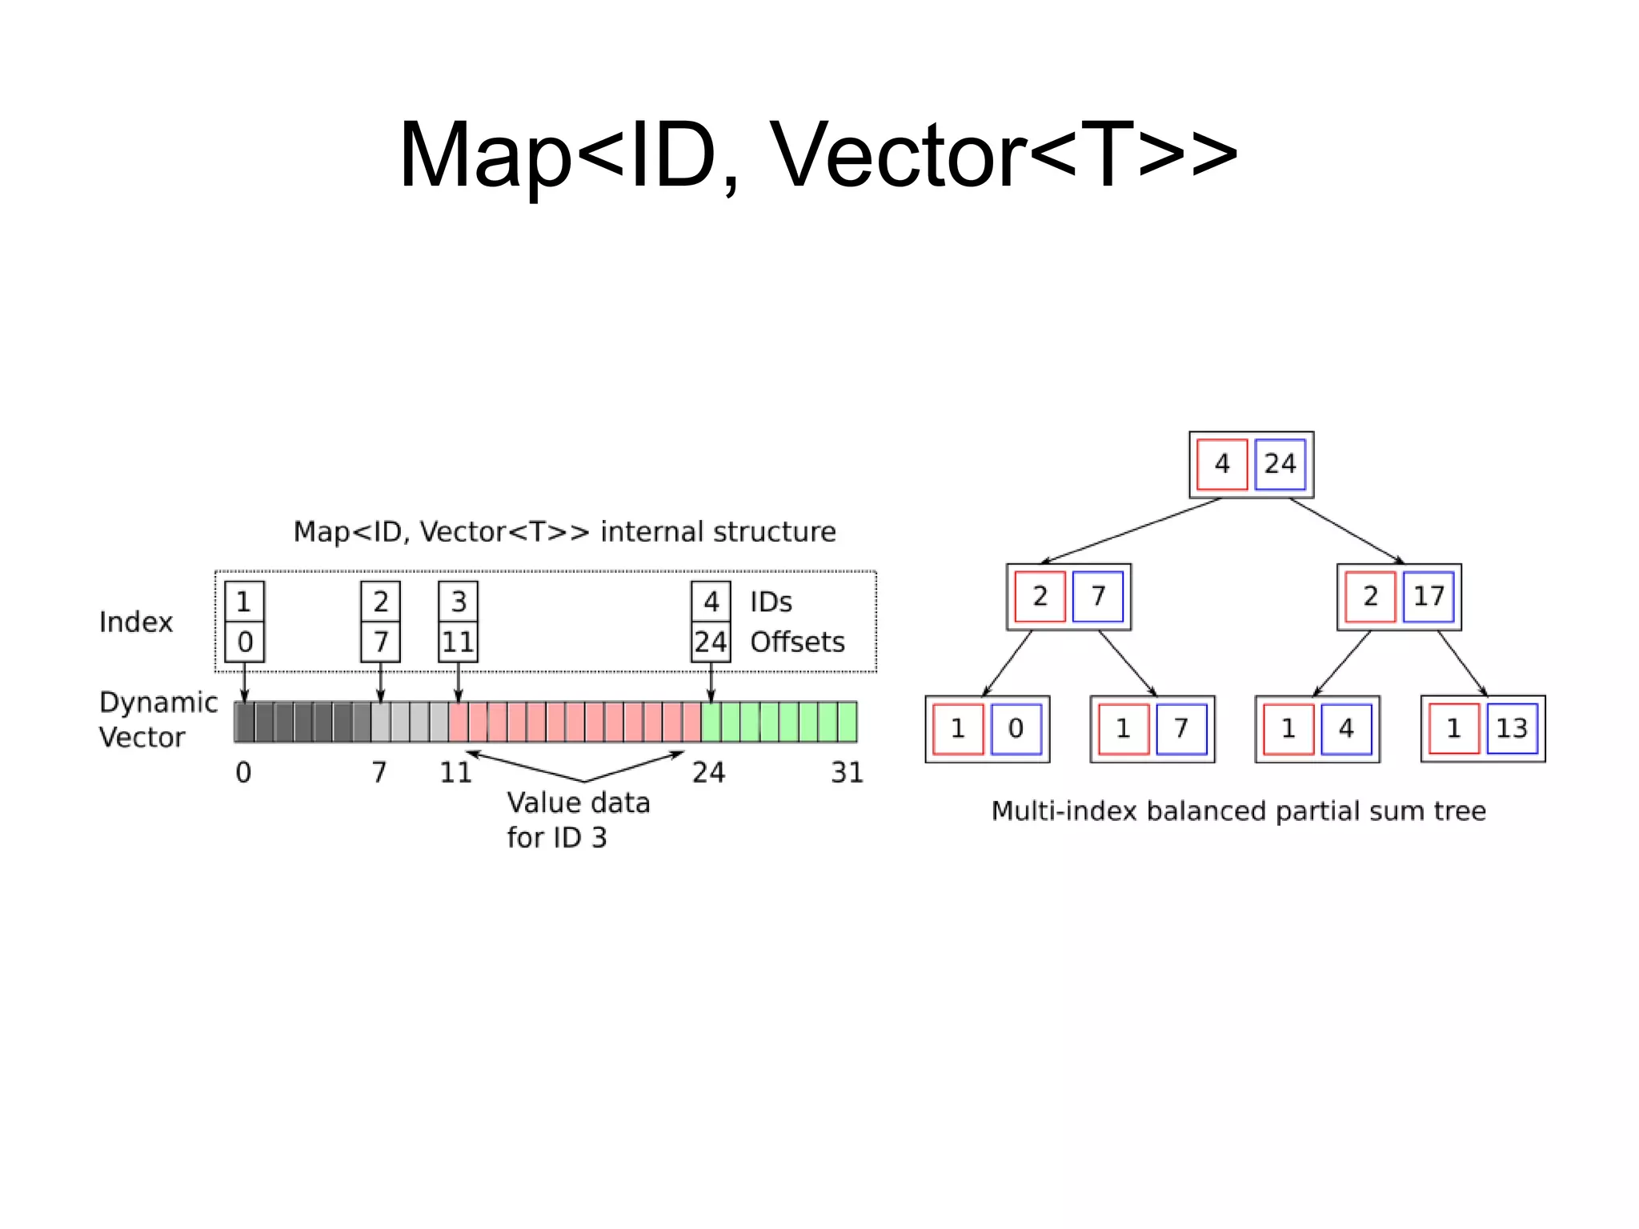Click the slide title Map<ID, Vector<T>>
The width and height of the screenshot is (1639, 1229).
(x=818, y=154)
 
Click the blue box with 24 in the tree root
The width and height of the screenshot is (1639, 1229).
(x=1280, y=464)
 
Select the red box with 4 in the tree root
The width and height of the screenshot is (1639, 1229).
(x=1222, y=464)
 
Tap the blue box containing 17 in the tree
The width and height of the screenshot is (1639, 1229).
(x=1429, y=596)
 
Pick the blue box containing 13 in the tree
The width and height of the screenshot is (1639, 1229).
(x=1512, y=728)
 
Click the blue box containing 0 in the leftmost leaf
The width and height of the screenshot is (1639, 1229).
(x=1016, y=728)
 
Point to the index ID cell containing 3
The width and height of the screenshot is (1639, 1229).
(x=459, y=602)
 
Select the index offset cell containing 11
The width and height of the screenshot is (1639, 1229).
(x=459, y=642)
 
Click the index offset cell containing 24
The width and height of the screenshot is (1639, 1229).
(x=711, y=642)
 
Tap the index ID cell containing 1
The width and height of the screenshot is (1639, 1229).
(x=244, y=602)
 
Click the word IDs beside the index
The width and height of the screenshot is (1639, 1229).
(x=771, y=602)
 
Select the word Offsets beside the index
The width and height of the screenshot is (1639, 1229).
(x=797, y=642)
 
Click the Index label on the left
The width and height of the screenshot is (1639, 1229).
(x=135, y=622)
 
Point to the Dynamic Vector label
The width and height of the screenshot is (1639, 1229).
(x=157, y=719)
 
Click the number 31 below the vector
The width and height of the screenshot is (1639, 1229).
(x=847, y=772)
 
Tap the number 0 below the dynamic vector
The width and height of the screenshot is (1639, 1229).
(x=243, y=772)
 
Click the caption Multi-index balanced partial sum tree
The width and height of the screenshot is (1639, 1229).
(x=1238, y=811)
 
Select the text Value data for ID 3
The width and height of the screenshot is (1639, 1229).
(x=578, y=820)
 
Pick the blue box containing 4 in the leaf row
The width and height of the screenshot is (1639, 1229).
(x=1346, y=728)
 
